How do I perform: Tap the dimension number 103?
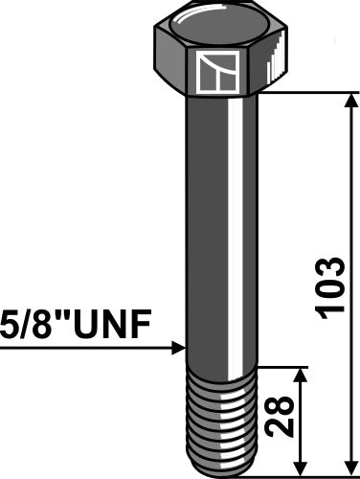pyautogui.click(x=328, y=287)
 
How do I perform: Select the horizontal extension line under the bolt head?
pyautogui.click(x=306, y=92)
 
